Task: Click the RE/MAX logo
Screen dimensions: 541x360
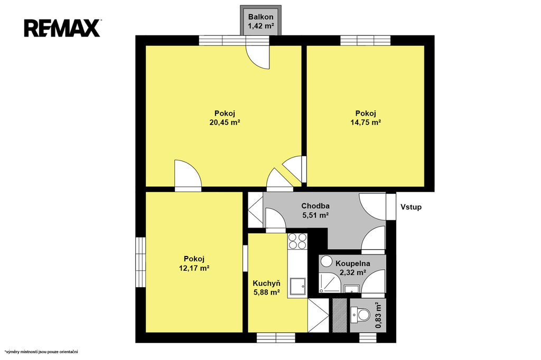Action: point(62,28)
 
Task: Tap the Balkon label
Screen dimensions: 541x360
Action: point(261,16)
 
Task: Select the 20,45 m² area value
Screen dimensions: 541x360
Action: point(225,122)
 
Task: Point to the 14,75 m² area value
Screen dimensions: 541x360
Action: point(366,122)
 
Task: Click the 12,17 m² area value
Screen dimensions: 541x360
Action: point(194,268)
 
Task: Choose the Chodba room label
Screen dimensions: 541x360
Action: point(315,206)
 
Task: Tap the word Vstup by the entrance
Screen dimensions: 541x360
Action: point(411,207)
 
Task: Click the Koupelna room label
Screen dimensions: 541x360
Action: point(352,263)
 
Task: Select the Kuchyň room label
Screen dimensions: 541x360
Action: point(266,283)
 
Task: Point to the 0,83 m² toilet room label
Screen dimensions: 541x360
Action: point(378,315)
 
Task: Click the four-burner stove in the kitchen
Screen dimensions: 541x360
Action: point(297,241)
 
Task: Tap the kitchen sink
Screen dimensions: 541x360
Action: point(297,287)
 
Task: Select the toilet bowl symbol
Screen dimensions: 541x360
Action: point(360,315)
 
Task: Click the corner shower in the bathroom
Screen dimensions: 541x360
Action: point(330,282)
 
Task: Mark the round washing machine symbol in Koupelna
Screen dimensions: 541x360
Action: point(325,261)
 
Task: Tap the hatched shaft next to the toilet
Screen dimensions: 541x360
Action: point(340,315)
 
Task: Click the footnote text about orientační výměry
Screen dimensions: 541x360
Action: point(41,352)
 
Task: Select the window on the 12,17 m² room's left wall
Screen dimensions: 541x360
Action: point(141,262)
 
